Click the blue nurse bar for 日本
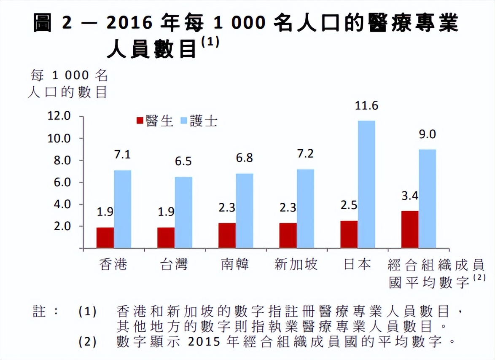366,184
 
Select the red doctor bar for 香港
105,238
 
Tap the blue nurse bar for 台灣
183,212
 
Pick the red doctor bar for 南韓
227,236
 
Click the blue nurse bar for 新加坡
305,209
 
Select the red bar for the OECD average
410,229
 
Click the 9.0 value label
427,135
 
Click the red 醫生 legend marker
140,121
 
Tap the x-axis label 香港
113,264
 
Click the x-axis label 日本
358,264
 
